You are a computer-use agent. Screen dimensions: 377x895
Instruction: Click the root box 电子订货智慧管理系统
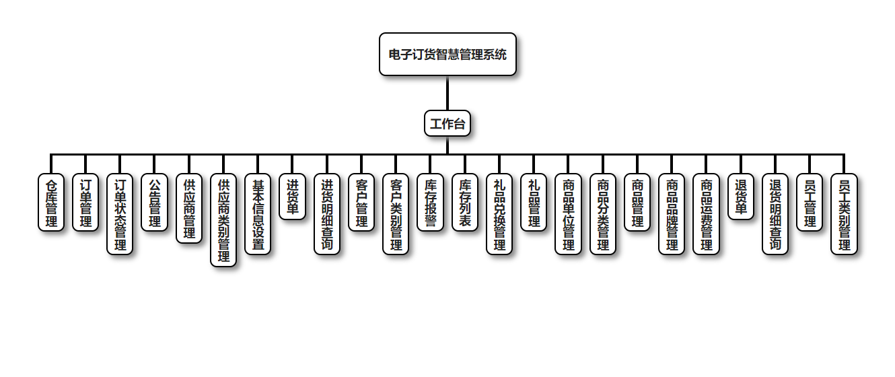448,55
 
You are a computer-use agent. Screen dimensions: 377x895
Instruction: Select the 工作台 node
448,124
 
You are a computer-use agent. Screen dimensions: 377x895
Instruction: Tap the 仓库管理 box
51,203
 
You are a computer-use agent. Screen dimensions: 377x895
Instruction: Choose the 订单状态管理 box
120,214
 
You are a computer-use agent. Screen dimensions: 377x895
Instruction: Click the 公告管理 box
155,203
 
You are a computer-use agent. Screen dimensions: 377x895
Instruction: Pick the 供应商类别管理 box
223,220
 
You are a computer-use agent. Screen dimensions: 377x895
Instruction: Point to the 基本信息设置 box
258,214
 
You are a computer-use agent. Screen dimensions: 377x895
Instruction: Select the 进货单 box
293,197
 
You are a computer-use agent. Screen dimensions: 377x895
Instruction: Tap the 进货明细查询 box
327,214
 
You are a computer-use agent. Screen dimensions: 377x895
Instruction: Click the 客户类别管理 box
396,214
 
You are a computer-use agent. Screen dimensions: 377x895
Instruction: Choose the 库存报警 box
431,203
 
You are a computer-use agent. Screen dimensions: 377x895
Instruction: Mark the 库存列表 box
465,203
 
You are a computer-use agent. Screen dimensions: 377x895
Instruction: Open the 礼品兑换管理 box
499,214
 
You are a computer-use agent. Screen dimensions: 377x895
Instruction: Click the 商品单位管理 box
569,214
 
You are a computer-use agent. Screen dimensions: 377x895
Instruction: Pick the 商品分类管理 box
603,214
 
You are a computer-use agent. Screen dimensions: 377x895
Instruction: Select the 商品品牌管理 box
672,214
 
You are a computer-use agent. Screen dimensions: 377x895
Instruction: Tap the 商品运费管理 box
706,214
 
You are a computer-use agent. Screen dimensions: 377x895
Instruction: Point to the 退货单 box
741,197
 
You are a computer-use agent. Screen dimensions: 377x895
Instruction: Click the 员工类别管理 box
844,214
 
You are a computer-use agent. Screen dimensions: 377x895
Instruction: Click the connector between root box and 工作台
448,94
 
